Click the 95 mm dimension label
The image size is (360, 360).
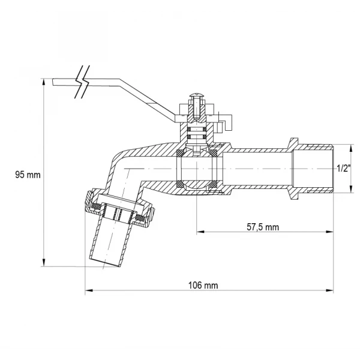28,175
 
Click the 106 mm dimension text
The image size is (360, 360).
203,286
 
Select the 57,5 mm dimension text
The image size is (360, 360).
263,227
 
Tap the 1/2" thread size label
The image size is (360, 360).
344,169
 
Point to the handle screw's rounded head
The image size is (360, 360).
197,94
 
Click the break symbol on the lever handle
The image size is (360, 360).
82,82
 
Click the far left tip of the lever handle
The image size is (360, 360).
53,82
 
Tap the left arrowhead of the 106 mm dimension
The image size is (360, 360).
89,290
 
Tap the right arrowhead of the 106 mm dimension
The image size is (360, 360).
329,290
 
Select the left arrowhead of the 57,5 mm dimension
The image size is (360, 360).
200,232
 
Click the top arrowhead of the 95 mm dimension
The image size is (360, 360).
44,82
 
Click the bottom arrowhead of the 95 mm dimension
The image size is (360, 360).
44,263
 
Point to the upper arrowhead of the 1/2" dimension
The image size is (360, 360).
350,148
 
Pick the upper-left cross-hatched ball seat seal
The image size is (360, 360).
180,152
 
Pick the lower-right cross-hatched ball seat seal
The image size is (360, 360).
214,184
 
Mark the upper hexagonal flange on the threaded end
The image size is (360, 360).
295,143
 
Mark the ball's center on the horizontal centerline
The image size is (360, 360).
197,169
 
